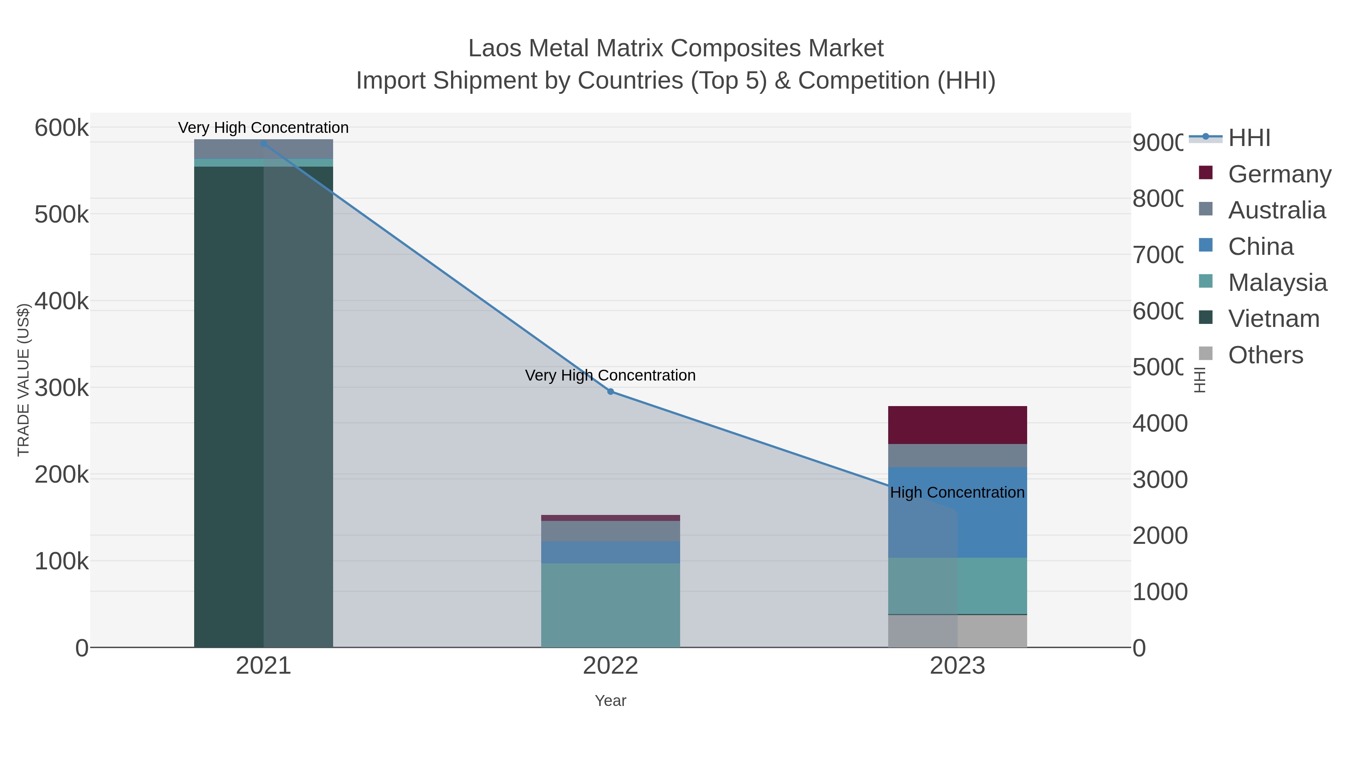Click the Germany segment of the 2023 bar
tap(957, 425)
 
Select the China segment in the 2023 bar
tap(992, 525)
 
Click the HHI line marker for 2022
tap(610, 392)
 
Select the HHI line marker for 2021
tap(264, 143)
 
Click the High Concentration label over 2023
tap(957, 492)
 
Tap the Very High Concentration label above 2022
tap(610, 376)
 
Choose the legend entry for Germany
tap(1279, 174)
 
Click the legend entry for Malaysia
tap(1277, 282)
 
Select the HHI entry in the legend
tap(1249, 137)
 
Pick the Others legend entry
tap(1265, 355)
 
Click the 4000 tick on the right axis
tap(1159, 423)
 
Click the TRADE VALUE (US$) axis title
tap(24, 380)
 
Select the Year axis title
tap(610, 701)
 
